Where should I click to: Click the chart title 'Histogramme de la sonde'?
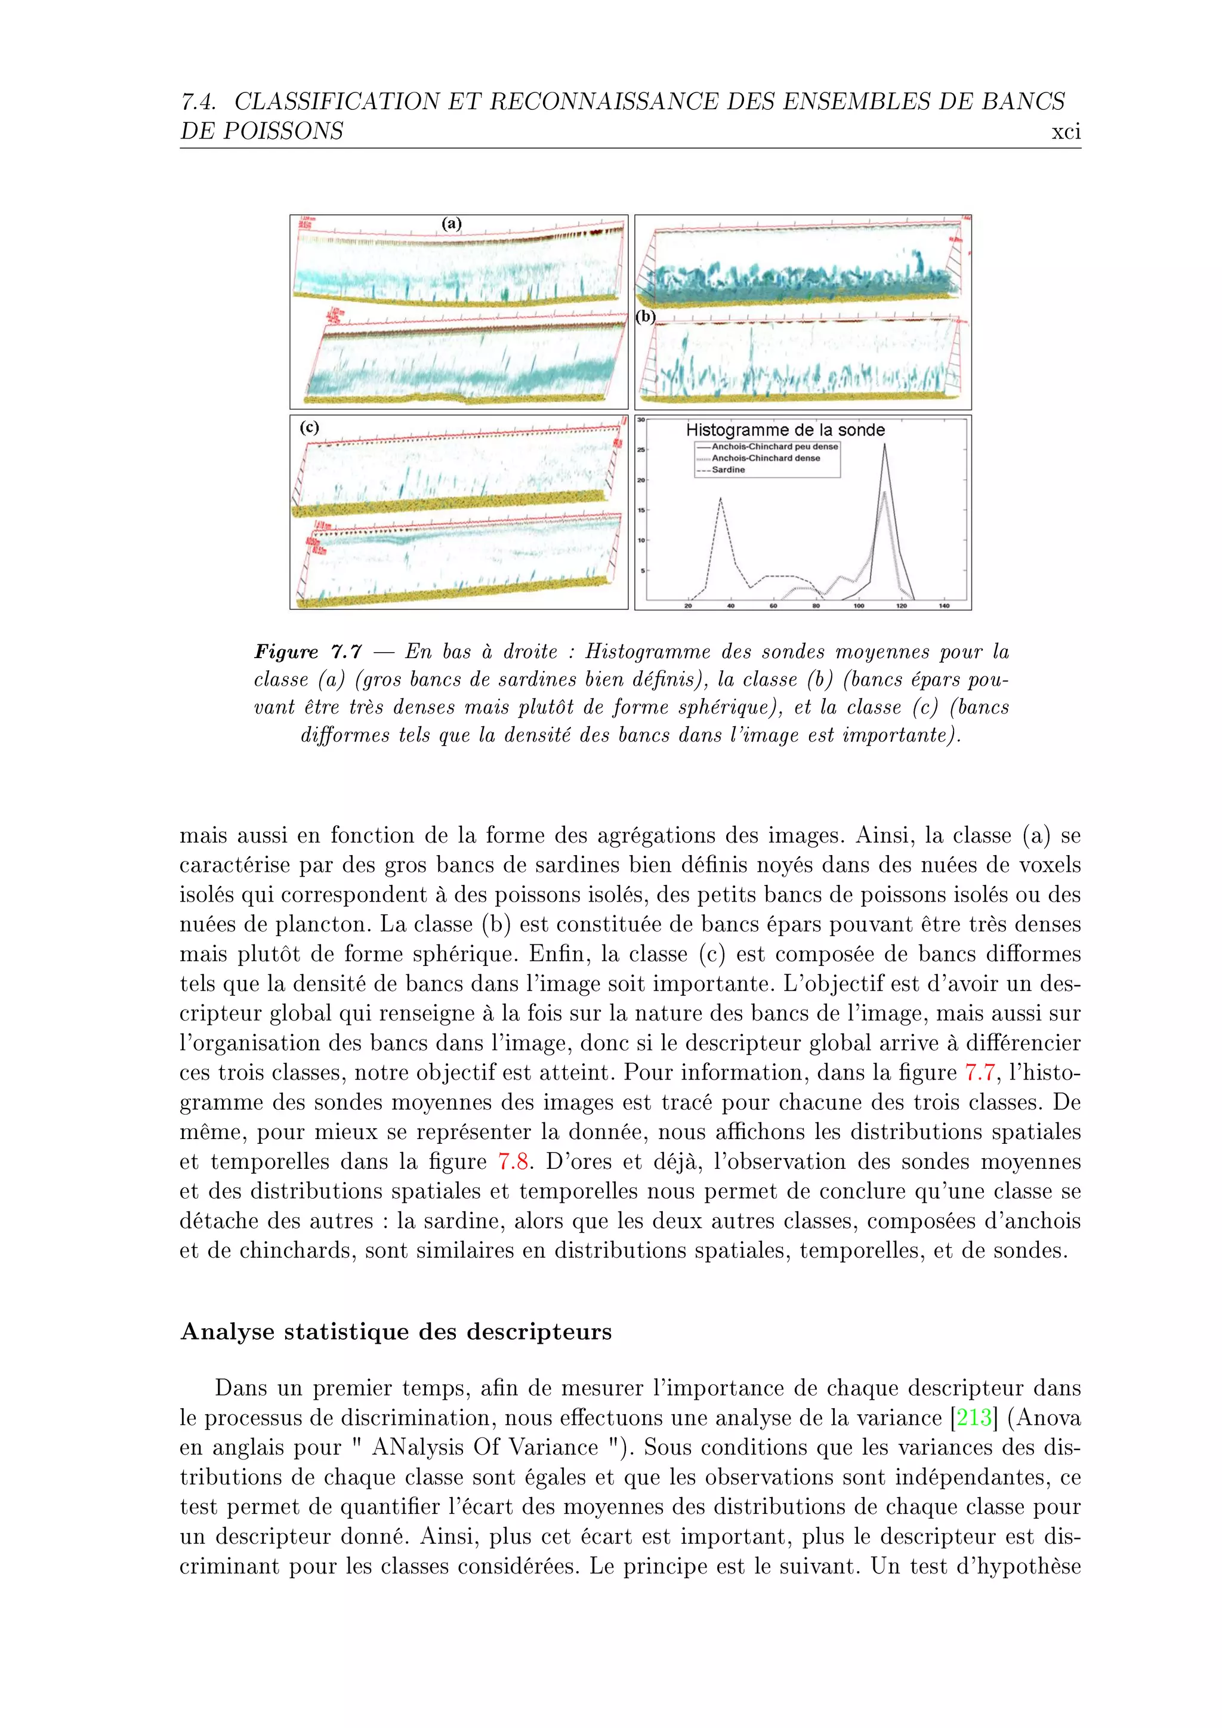point(785,430)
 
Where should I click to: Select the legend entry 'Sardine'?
point(729,470)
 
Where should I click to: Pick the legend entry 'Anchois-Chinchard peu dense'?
point(774,446)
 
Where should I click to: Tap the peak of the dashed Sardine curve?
point(720,498)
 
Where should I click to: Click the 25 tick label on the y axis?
point(641,450)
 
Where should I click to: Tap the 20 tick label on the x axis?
point(688,605)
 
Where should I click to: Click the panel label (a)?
point(452,224)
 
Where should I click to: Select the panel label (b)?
point(646,316)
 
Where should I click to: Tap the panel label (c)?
point(309,427)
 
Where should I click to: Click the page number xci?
point(1066,132)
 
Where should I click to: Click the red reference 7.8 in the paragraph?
point(513,1161)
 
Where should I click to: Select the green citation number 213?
point(974,1418)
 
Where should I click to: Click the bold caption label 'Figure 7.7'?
point(308,652)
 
